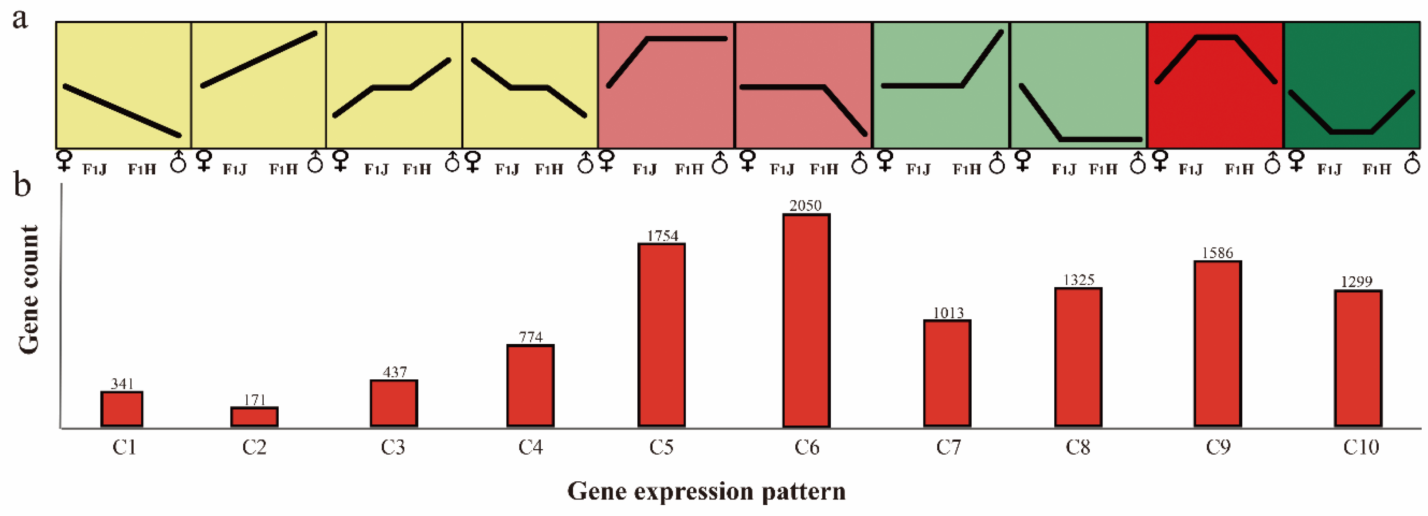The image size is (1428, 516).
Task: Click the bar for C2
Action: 255,416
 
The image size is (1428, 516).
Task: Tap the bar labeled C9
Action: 1218,343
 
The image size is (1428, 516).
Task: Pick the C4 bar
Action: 531,385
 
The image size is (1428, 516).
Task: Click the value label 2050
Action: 806,206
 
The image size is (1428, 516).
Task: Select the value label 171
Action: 255,400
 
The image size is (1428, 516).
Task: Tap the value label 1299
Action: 1357,282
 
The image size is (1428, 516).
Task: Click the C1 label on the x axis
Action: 124,447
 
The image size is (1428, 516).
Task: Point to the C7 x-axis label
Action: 948,447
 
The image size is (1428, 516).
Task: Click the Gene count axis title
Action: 29,289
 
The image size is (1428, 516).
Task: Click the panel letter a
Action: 20,19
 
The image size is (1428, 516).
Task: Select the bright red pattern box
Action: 1215,111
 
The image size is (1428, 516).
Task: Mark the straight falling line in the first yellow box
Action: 122,111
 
